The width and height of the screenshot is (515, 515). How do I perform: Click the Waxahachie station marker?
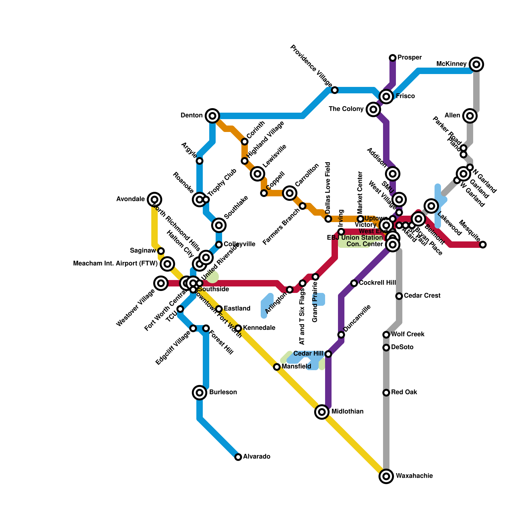tap(386, 476)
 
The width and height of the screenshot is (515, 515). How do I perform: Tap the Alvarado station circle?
tap(238, 457)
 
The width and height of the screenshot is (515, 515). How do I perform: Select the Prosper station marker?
tap(393, 58)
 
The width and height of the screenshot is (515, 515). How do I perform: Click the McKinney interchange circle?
tap(476, 64)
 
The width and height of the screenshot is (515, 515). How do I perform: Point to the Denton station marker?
tap(212, 116)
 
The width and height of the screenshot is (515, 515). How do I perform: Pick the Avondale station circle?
tap(154, 199)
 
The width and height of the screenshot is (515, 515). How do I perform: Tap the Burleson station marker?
tap(200, 392)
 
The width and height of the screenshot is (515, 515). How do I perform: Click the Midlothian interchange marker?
tap(322, 412)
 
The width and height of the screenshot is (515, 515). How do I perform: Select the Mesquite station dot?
tap(483, 245)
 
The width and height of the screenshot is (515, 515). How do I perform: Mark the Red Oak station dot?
tap(386, 392)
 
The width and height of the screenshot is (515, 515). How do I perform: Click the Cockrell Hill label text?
tap(377, 283)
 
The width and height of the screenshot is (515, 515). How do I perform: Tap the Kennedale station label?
tap(259, 328)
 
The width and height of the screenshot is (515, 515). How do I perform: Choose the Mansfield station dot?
tap(277, 367)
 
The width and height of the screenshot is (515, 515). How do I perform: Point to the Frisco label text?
tap(405, 96)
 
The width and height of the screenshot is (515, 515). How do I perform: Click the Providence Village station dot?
tap(335, 90)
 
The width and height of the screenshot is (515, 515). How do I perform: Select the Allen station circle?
tap(470, 116)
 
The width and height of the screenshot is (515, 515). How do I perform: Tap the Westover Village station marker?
tap(161, 283)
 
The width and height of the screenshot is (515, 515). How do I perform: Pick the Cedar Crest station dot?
tap(399, 296)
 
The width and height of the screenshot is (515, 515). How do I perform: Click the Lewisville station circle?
tap(257, 174)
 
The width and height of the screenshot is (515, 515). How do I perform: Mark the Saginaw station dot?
tap(161, 251)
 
